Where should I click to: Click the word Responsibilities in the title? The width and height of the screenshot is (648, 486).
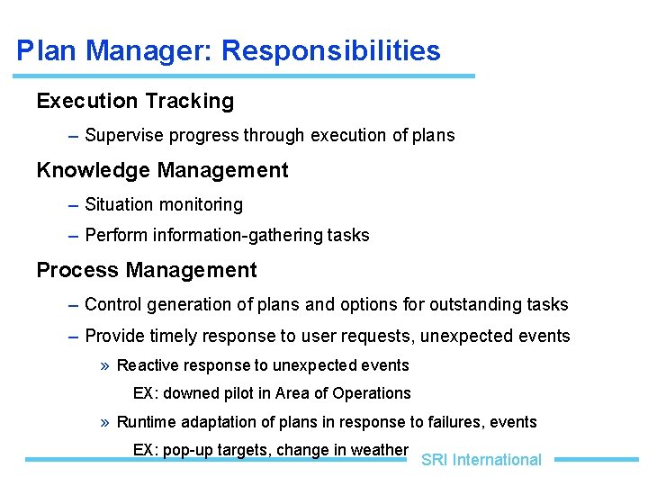click(331, 51)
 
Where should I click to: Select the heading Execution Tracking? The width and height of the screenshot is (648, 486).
click(135, 101)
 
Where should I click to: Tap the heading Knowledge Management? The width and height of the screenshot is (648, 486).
click(162, 170)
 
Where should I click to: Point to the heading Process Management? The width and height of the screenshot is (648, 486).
click(147, 270)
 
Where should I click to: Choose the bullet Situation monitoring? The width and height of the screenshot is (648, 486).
click(164, 205)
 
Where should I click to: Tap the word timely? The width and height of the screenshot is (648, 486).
click(177, 337)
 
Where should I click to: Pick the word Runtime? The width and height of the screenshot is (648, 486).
click(147, 422)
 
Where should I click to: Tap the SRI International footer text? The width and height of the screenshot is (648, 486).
click(481, 460)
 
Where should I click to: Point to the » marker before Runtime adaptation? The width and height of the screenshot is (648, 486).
click(106, 422)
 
